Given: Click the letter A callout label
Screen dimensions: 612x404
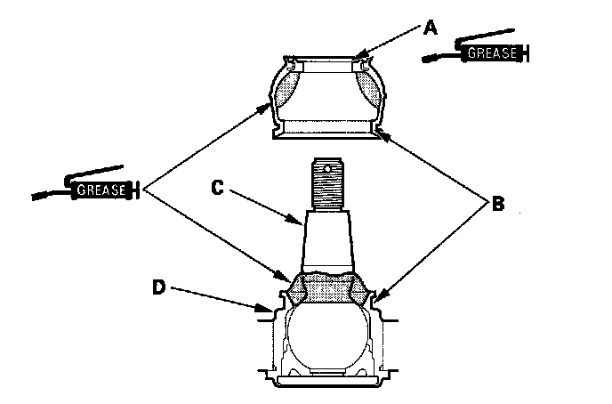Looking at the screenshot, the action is [x=430, y=27].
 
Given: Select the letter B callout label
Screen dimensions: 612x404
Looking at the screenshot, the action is [x=497, y=204].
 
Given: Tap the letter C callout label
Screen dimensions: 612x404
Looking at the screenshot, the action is [x=216, y=188].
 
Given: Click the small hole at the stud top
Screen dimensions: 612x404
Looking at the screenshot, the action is [x=328, y=166].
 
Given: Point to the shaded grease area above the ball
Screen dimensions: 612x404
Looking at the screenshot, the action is [x=328, y=289].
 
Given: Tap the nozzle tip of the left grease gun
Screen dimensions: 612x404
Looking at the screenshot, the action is [x=34, y=196].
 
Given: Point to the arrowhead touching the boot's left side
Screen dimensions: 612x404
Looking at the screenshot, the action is [x=271, y=104].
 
